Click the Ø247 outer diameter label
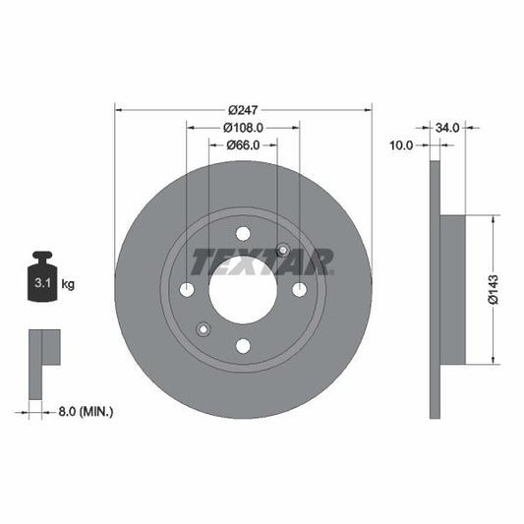244,109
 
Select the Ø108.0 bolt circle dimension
243,127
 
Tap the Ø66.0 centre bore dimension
243,146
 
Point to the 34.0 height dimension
448,127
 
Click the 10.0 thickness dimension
402,146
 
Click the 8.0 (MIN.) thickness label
83,412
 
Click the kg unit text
69,284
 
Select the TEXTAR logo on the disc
262,262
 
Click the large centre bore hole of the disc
243,289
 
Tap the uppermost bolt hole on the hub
243,233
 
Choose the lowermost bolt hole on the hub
243,345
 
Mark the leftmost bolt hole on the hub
187,289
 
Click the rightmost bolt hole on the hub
299,289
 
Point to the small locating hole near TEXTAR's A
283,250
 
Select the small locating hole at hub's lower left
204,328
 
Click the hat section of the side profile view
452,289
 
